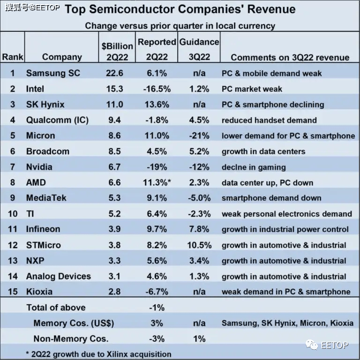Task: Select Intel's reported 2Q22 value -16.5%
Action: pyautogui.click(x=157, y=89)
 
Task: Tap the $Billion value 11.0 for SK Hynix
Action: pyautogui.click(x=114, y=104)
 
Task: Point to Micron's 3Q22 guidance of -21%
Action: pyautogui.click(x=199, y=136)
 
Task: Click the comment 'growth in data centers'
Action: pyautogui.click(x=263, y=151)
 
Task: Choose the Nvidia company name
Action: pyautogui.click(x=39, y=167)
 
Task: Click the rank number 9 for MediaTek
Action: pyautogui.click(x=13, y=198)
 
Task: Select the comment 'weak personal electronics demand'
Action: pyautogui.click(x=286, y=214)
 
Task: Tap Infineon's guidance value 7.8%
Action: pyautogui.click(x=199, y=229)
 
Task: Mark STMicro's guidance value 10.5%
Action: pyautogui.click(x=199, y=245)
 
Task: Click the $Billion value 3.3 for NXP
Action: pyautogui.click(x=114, y=261)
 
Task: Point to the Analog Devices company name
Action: pyautogui.click(x=59, y=276)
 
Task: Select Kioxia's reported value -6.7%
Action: pyautogui.click(x=157, y=292)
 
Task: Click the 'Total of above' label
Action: pyautogui.click(x=56, y=308)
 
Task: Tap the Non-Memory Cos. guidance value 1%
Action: pyautogui.click(x=199, y=338)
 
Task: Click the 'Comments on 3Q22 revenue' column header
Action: pyautogui.click(x=290, y=57)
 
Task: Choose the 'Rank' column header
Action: pyautogui.click(x=13, y=57)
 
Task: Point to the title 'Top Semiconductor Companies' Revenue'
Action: pyautogui.click(x=180, y=9)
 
